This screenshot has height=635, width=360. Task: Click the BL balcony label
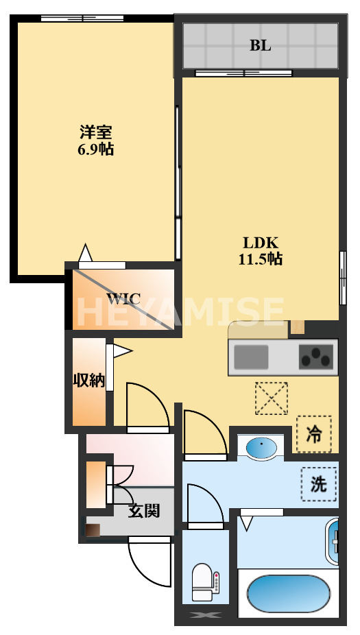(x=260, y=46)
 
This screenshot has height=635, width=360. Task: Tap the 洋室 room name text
(x=95, y=132)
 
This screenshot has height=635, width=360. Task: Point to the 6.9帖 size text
(x=95, y=149)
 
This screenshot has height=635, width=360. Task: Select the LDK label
(x=261, y=243)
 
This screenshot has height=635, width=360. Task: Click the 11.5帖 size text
(x=261, y=259)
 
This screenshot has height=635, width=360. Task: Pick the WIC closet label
(x=123, y=299)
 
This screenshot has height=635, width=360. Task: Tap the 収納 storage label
(x=89, y=381)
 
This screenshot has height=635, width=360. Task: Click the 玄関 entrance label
(x=144, y=510)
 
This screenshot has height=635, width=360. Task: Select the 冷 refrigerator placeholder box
(x=313, y=434)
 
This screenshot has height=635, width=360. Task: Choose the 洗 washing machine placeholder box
(x=319, y=484)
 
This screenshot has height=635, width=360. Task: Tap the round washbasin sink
(x=262, y=449)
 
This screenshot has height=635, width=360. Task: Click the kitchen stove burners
(x=316, y=357)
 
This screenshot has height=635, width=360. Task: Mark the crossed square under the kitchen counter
(x=271, y=398)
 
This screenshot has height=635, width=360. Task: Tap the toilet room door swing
(x=204, y=503)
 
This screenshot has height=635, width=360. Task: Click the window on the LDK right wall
(x=342, y=278)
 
